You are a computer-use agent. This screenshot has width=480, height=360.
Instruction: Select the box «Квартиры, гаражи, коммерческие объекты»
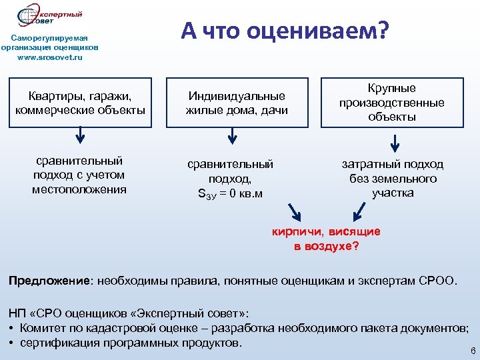tap(80, 103)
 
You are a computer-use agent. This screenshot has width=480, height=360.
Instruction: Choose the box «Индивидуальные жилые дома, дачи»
tap(237, 103)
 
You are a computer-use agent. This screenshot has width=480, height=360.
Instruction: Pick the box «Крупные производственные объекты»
tap(391, 103)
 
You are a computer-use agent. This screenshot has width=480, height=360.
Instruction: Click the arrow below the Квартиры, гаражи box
tap(80, 135)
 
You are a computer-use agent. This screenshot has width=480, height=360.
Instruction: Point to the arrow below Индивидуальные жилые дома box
tap(231, 135)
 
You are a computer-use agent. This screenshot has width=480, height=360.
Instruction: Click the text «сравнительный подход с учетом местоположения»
tap(79, 175)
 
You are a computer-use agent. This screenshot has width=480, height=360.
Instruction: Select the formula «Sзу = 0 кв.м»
tap(230, 194)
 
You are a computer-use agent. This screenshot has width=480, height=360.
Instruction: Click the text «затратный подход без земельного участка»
tap(393, 179)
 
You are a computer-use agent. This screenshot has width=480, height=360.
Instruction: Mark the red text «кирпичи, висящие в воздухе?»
tap(326, 239)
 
